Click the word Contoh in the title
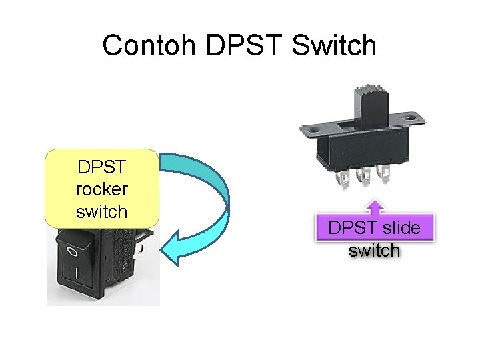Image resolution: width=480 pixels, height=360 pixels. [x=150, y=45]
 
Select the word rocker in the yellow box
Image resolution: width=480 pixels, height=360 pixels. [x=102, y=189]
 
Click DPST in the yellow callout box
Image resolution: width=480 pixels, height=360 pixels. [x=102, y=166]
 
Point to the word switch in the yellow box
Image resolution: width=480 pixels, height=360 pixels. [x=102, y=211]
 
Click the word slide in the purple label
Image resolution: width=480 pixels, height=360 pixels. [x=403, y=228]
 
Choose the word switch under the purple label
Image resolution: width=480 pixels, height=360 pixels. [x=375, y=251]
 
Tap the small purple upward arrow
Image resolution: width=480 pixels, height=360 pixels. [x=377, y=206]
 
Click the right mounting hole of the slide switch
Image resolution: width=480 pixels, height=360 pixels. [x=419, y=117]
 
